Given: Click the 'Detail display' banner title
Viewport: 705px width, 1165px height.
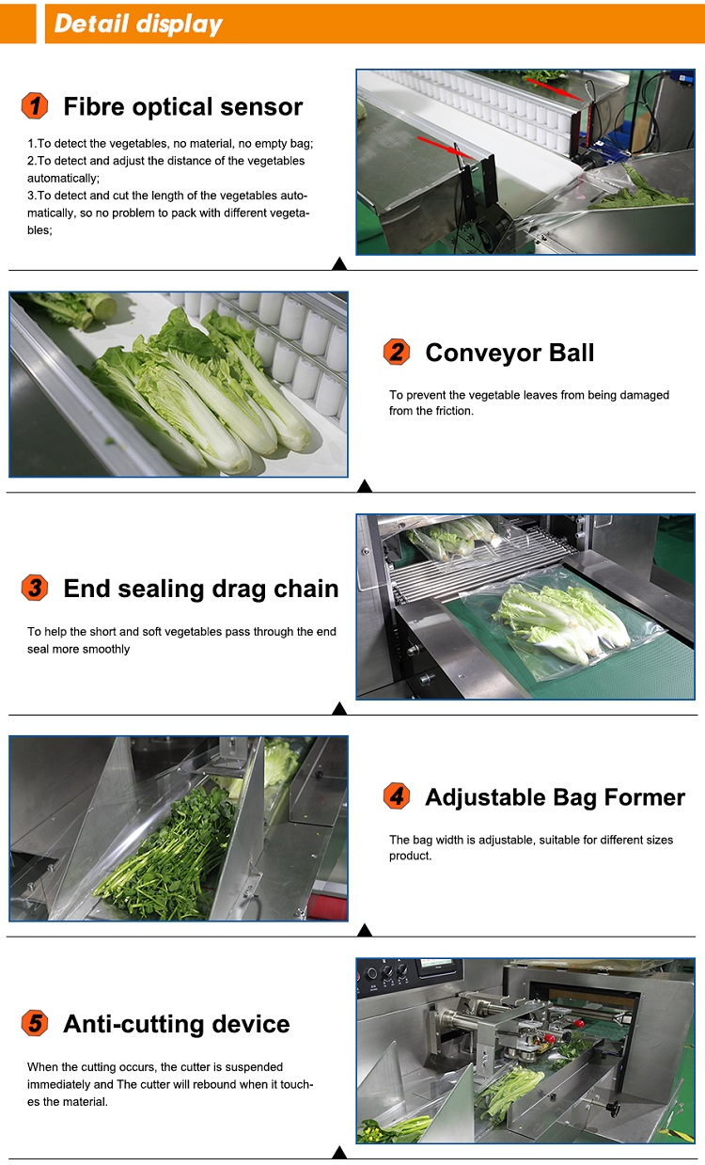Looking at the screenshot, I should coord(138,24).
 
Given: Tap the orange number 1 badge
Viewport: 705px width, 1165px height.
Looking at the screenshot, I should coord(35,106).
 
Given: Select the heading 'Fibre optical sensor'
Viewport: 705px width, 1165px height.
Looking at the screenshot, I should coord(182,106).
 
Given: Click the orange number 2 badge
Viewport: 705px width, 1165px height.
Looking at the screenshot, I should coord(397,353).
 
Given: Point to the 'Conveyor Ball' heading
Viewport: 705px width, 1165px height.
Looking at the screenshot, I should coord(509,353).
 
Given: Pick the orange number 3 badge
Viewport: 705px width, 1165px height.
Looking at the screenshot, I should coord(35,589).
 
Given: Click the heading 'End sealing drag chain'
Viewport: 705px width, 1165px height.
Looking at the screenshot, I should coord(200,589).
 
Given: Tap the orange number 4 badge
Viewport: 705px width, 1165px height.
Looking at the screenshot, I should coord(397,797).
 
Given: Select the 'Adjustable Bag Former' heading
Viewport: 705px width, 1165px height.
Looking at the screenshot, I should coord(555,797).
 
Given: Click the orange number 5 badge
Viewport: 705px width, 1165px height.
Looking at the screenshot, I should coord(35,1024).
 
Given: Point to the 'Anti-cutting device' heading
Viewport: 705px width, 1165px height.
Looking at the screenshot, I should coord(176,1024).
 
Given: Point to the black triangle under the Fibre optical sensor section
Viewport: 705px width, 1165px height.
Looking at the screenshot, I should coord(339,264).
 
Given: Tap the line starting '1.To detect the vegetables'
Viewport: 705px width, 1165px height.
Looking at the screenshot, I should coord(169,144).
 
